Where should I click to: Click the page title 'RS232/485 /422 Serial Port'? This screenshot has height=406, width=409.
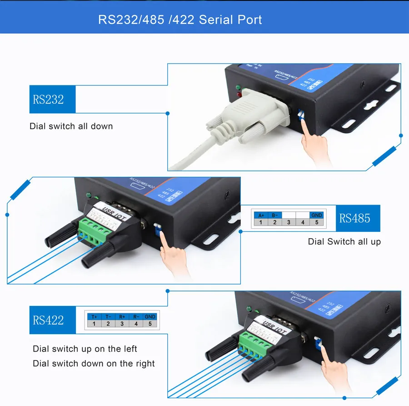click(180, 20)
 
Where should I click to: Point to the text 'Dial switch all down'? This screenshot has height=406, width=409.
click(71, 126)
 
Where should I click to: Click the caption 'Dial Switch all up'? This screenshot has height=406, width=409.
click(344, 241)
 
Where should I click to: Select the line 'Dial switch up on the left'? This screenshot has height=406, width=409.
click(85, 349)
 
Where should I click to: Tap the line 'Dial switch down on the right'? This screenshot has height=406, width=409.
click(94, 363)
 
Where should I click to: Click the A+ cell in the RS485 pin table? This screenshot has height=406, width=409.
click(261, 215)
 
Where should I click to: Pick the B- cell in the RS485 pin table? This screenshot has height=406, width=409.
click(274, 215)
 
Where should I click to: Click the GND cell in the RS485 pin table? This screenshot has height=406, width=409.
click(316, 215)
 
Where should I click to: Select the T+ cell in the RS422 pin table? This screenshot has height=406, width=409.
click(94, 316)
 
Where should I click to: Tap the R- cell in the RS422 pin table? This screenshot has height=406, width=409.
click(135, 316)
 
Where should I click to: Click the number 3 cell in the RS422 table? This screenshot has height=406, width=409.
click(122, 324)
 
